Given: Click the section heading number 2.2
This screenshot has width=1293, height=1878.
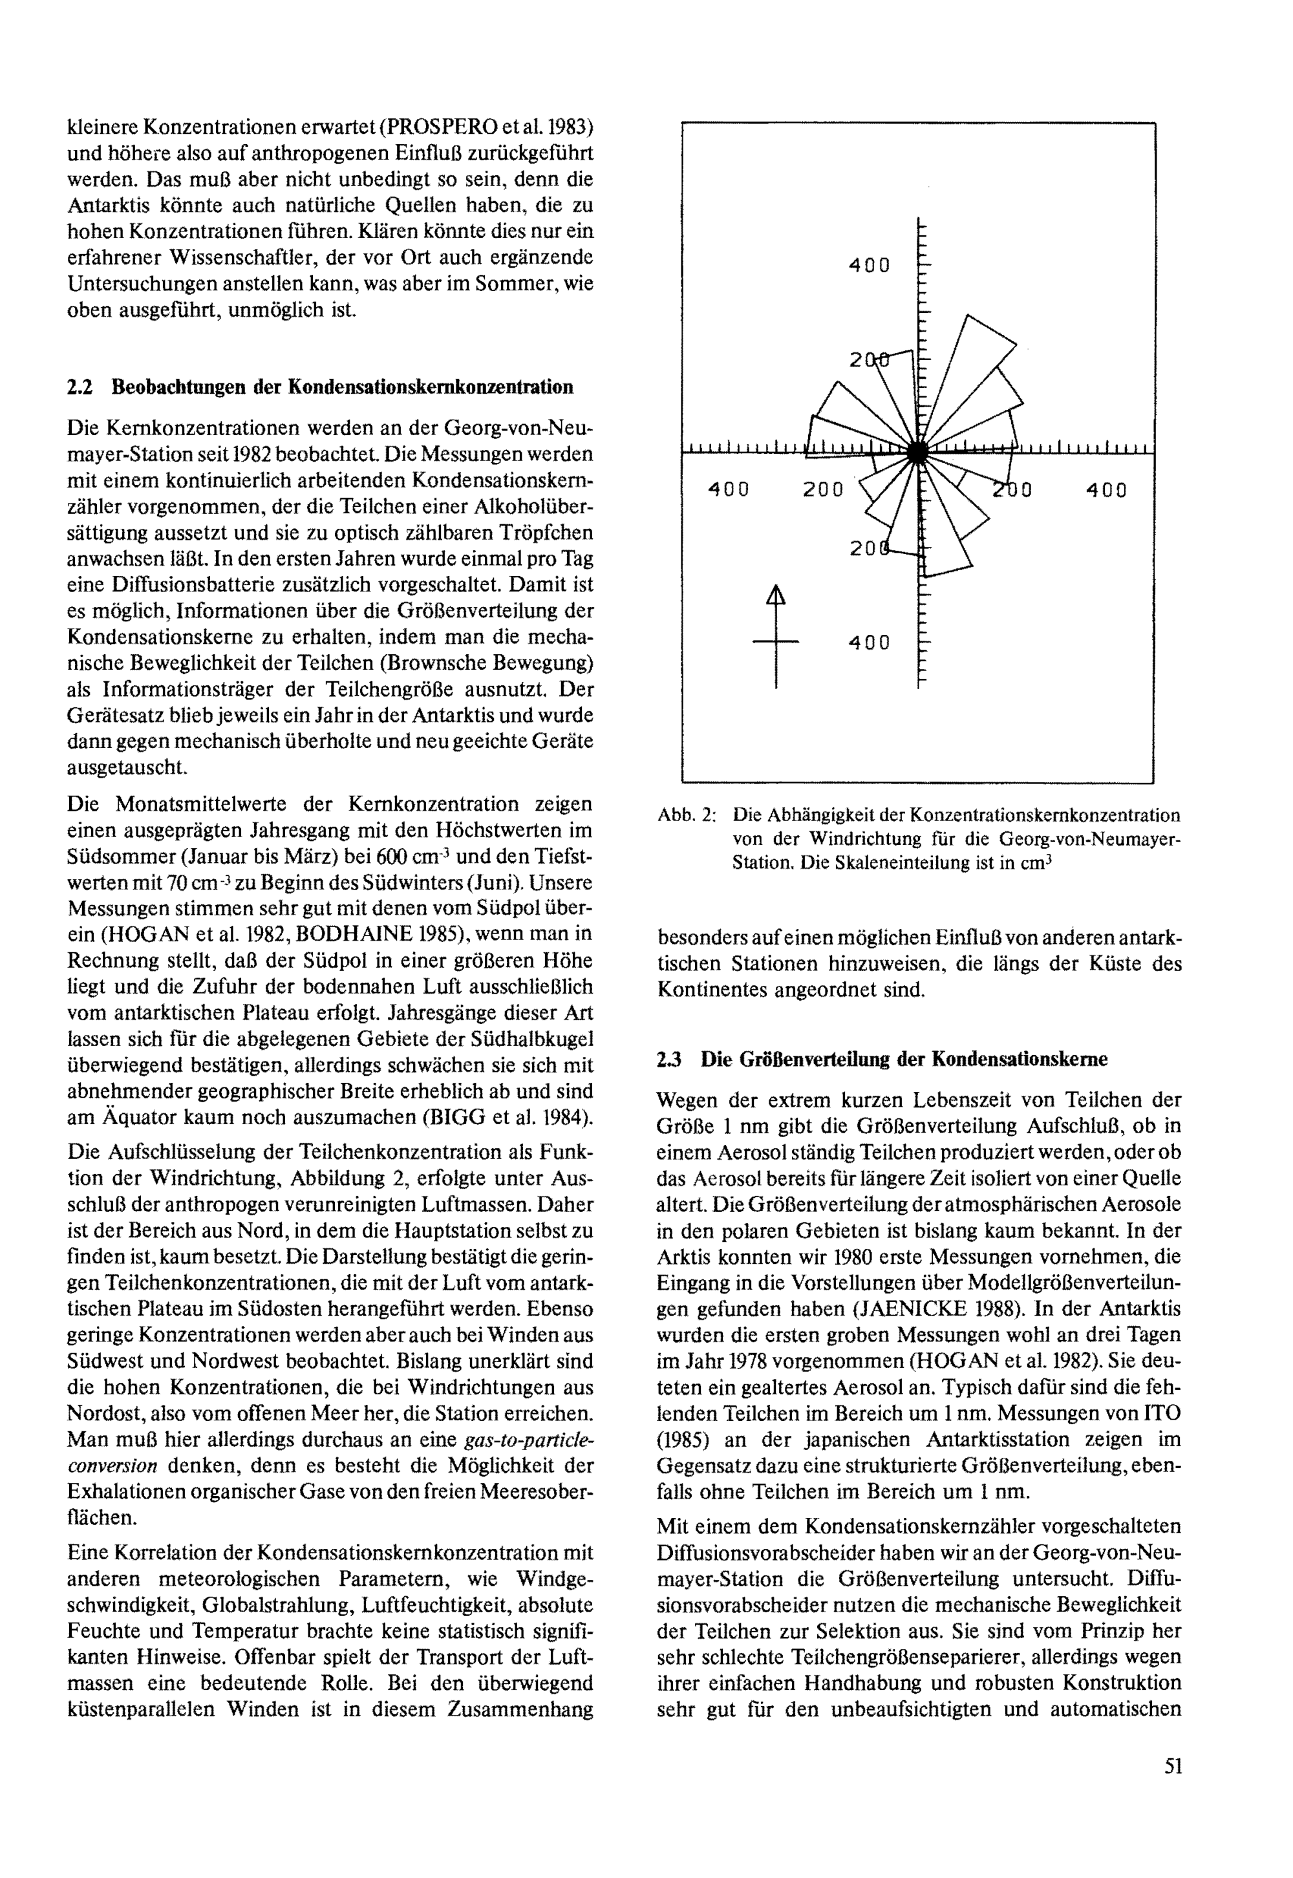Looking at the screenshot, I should pyautogui.click(x=80, y=387).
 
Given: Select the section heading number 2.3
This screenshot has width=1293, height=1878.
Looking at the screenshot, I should pyautogui.click(x=669, y=1059).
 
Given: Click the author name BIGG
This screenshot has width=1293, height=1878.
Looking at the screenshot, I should pyautogui.click(x=445, y=1117).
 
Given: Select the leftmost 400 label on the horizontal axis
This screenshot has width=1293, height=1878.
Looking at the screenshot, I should pyautogui.click(x=729, y=490).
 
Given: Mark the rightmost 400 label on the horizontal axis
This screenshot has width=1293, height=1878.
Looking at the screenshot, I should pyautogui.click(x=1106, y=490).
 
